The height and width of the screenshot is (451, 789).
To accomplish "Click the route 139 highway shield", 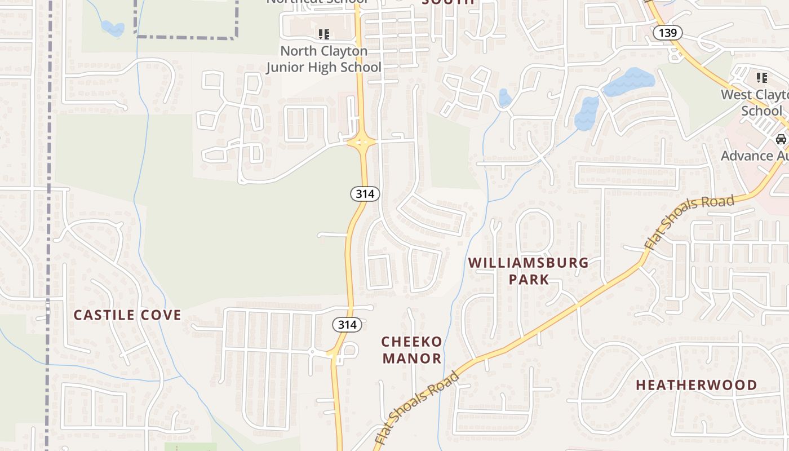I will pos(667,33).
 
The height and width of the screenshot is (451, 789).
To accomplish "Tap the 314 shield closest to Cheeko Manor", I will pos(347,325).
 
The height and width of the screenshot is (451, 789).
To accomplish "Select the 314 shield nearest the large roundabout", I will pos(365,194).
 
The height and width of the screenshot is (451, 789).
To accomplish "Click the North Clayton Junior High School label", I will pos(324,59).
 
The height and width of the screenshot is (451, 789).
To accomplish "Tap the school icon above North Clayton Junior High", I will pos(324,34).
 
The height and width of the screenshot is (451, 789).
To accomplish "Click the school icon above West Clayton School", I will pos(762,77).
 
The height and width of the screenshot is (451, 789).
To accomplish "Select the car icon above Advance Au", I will pos(781,139).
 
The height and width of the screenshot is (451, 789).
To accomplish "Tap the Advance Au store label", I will pos(755,156).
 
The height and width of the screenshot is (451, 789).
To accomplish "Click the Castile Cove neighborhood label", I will pos(128,315).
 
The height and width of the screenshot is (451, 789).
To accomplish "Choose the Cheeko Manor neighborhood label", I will pos(412,350).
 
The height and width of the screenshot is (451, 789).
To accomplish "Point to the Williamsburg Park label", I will pos(529,271).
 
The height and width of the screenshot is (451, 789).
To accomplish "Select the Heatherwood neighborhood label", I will pos(697,385).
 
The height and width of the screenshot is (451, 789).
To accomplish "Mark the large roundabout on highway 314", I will pos(361,142).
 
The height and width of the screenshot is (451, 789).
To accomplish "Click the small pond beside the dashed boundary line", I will pos(112,28).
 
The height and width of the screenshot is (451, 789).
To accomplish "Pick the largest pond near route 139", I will pos(629,82).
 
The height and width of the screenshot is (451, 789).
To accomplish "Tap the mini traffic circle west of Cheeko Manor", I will pos(312,352).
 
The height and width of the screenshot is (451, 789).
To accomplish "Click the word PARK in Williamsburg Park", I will pos(529,279).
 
